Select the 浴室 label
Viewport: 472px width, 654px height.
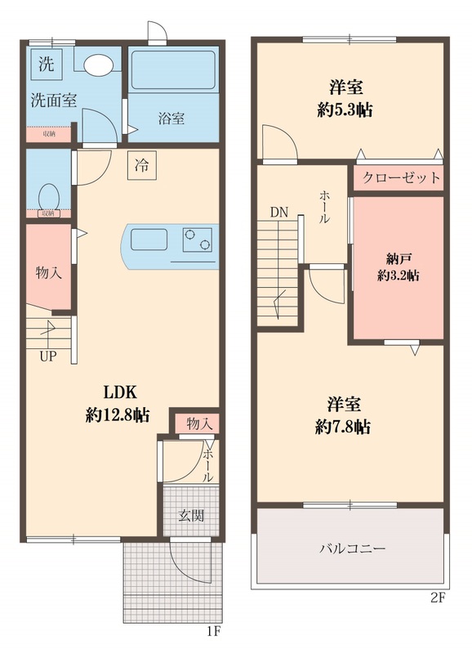point(171,119)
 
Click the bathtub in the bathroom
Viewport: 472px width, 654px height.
point(171,70)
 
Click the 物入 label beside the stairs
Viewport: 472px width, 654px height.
point(47,272)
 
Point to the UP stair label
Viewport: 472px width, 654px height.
point(49,355)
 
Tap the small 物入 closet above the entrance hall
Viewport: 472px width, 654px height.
point(199,423)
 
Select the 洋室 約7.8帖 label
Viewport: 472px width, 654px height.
point(343,414)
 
